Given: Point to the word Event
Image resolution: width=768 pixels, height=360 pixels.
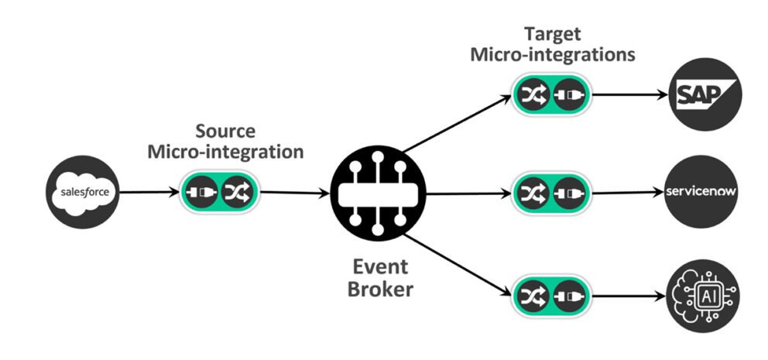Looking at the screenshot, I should [x=379, y=267].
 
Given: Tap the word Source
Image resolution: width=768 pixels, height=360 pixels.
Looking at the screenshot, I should [x=225, y=131].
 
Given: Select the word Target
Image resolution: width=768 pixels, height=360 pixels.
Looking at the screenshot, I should [x=552, y=35].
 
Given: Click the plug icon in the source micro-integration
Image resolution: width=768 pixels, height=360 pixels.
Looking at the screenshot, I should [x=202, y=191].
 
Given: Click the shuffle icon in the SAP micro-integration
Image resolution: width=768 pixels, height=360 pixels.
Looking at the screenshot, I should [x=534, y=94].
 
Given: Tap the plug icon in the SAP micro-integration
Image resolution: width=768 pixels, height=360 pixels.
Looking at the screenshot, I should [x=569, y=94].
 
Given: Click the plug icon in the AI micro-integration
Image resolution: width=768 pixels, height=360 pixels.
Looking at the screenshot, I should [x=569, y=295].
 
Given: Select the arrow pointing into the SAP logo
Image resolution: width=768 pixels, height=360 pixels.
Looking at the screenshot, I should [x=627, y=95].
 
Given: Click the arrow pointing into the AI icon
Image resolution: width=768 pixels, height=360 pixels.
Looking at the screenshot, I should [x=627, y=295].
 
